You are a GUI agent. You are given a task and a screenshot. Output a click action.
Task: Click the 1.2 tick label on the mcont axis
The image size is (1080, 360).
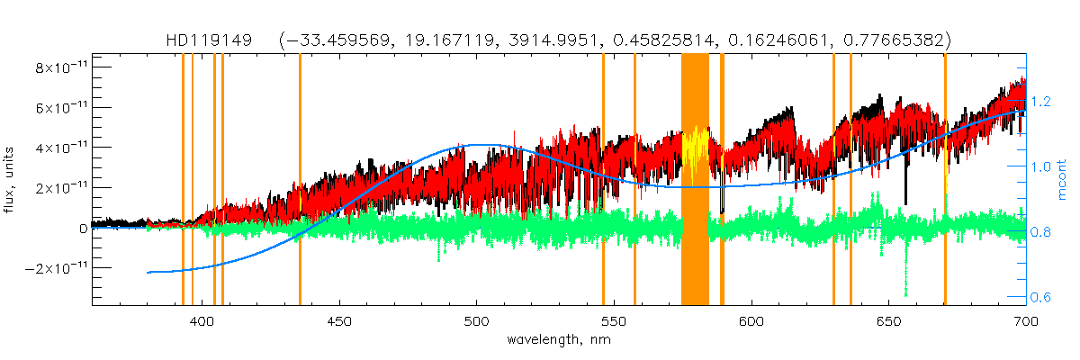click(1040, 102)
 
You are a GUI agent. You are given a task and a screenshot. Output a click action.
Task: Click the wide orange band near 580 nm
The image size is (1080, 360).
click(695, 180)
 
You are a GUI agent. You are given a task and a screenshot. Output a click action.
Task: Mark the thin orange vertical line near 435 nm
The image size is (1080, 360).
click(300, 180)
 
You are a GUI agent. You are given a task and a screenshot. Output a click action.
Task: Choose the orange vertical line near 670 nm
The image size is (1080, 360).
click(945, 180)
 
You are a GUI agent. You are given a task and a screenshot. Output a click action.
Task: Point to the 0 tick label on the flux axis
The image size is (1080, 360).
click(83, 229)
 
